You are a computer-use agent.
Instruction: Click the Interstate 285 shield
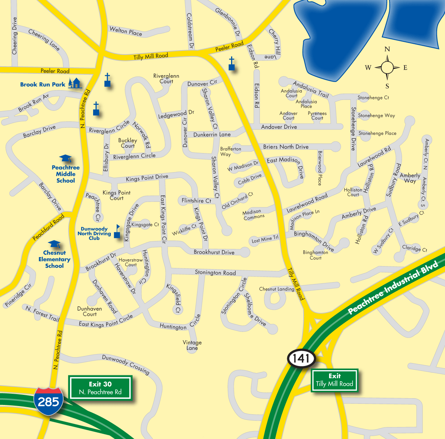48,401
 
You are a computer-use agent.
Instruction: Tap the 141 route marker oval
301,359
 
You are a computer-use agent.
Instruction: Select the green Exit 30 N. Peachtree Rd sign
100,388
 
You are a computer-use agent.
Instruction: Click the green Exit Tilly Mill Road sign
334,380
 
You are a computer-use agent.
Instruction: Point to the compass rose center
387,68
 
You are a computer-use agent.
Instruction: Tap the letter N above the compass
387,49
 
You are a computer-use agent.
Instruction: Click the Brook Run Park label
43,85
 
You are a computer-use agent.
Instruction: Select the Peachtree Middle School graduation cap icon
65,159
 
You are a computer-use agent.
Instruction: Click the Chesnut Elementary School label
54,259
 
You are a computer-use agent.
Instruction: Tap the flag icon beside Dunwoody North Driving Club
117,231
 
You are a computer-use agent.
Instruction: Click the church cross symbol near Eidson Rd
232,64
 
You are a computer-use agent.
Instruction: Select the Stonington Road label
215,272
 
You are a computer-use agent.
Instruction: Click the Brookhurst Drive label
214,252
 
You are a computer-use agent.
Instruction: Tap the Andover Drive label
279,127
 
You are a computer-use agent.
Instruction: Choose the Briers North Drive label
286,147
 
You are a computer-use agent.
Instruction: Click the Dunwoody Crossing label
126,364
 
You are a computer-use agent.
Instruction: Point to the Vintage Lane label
192,345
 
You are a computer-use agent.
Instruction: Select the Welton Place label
126,31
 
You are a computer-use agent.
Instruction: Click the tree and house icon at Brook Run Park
75,83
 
